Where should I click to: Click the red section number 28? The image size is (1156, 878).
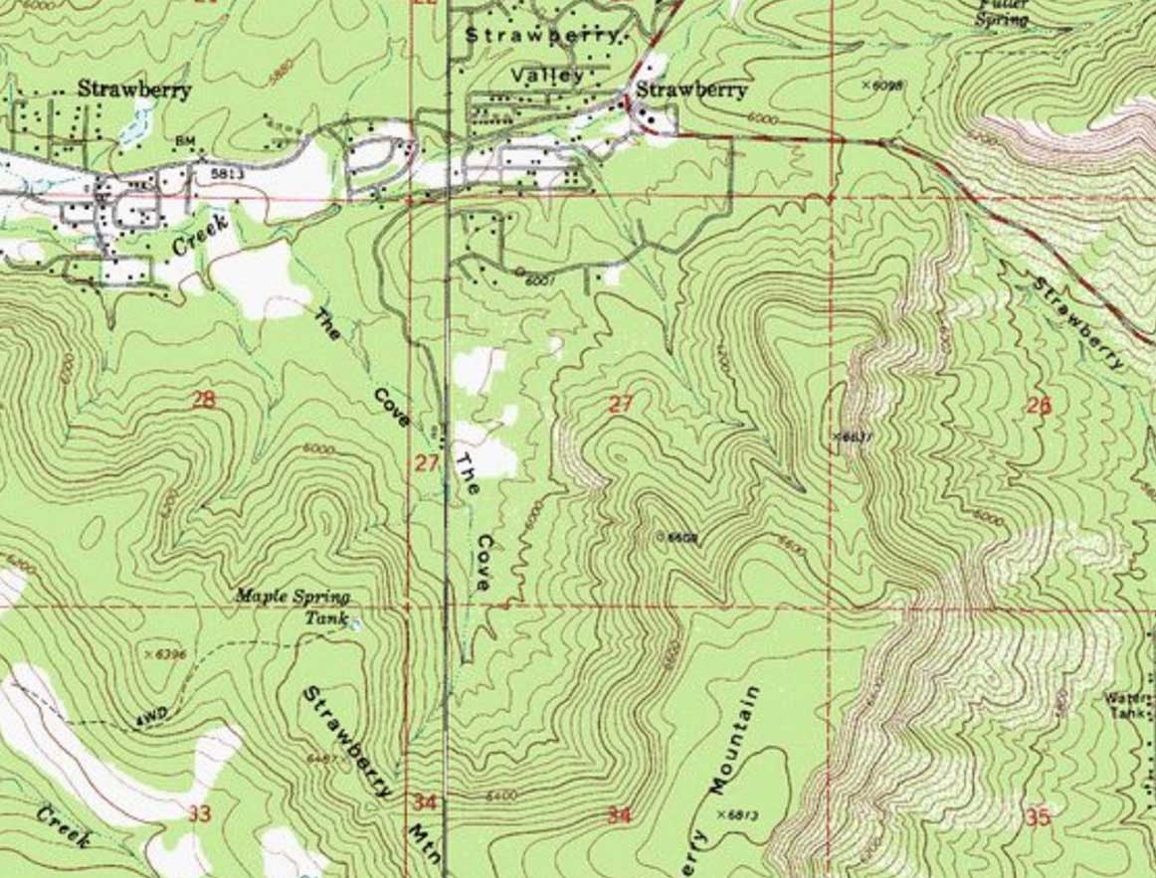pyautogui.click(x=203, y=401)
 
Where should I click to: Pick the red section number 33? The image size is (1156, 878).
pyautogui.click(x=199, y=814)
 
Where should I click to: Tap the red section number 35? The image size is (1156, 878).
pyautogui.click(x=1038, y=817)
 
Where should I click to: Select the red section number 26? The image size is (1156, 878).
pyautogui.click(x=1039, y=405)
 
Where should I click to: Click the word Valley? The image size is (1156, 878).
pyautogui.click(x=549, y=75)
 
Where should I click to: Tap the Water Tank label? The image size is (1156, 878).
pyautogui.click(x=1128, y=706)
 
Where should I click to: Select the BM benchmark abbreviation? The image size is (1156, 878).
pyautogui.click(x=184, y=142)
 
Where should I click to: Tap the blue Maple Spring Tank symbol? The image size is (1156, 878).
pyautogui.click(x=355, y=624)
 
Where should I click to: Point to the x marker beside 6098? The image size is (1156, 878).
pyautogui.click(x=866, y=86)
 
